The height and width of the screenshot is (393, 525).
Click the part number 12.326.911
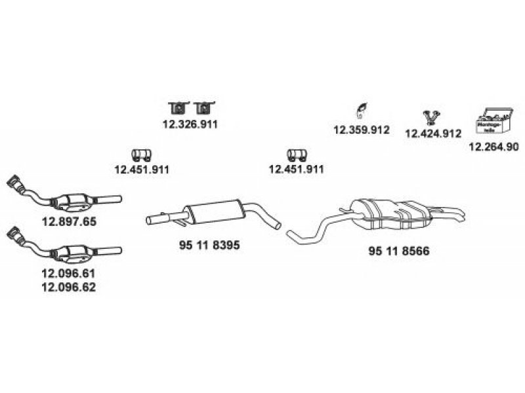coord(190,123)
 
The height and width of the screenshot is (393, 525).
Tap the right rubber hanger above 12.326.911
coord(206,107)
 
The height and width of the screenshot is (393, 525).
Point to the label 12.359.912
coord(362,130)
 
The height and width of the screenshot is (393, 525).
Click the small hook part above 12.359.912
coord(360,109)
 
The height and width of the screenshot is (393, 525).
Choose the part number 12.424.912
coord(432,133)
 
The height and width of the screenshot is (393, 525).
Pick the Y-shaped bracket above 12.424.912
coord(431,116)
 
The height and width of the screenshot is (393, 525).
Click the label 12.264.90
coord(493,147)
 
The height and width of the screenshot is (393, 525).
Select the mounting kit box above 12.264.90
coord(492,122)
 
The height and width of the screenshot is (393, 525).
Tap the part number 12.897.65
coord(69,221)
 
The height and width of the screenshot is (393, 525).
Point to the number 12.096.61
coord(69,275)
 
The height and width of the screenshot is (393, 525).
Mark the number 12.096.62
coord(69,288)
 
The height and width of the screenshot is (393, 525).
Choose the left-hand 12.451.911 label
coord(142,169)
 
